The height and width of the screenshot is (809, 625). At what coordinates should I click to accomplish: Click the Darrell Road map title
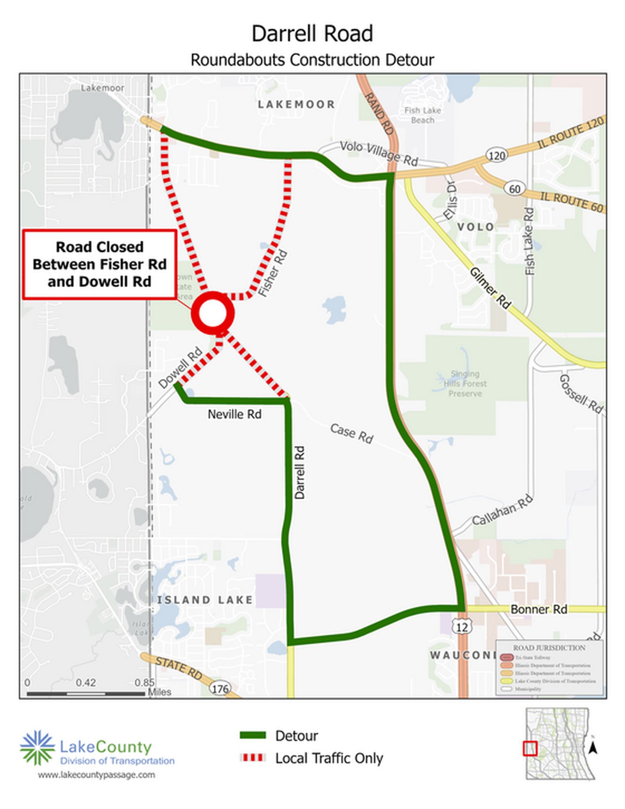tap(312, 34)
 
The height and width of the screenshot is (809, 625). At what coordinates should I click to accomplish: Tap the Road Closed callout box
tap(100, 264)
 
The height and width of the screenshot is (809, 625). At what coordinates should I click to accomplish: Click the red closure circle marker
tap(212, 313)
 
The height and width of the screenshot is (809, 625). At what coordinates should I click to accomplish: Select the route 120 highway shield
tap(496, 155)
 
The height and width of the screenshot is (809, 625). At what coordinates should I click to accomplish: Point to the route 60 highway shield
tap(514, 189)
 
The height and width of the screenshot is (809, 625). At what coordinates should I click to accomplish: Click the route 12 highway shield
tap(462, 627)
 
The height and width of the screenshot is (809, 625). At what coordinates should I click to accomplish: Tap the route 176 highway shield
tap(220, 688)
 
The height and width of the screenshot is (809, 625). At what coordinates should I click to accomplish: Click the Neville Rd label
tap(234, 414)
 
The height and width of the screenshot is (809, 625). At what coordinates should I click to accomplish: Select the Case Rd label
tap(352, 433)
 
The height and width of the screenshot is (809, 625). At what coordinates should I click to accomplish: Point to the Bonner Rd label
tap(539, 609)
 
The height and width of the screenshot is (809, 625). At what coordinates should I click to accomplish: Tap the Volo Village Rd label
tap(379, 153)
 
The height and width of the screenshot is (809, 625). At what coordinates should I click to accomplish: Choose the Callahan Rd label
tap(502, 510)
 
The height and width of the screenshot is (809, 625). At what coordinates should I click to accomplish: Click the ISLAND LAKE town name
tap(205, 600)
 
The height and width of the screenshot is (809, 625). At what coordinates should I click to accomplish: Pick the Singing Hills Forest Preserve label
tap(465, 384)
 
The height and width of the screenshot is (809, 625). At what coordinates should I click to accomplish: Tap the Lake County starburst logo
tap(37, 747)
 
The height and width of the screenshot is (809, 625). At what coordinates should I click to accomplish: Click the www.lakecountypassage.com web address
tap(96, 775)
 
